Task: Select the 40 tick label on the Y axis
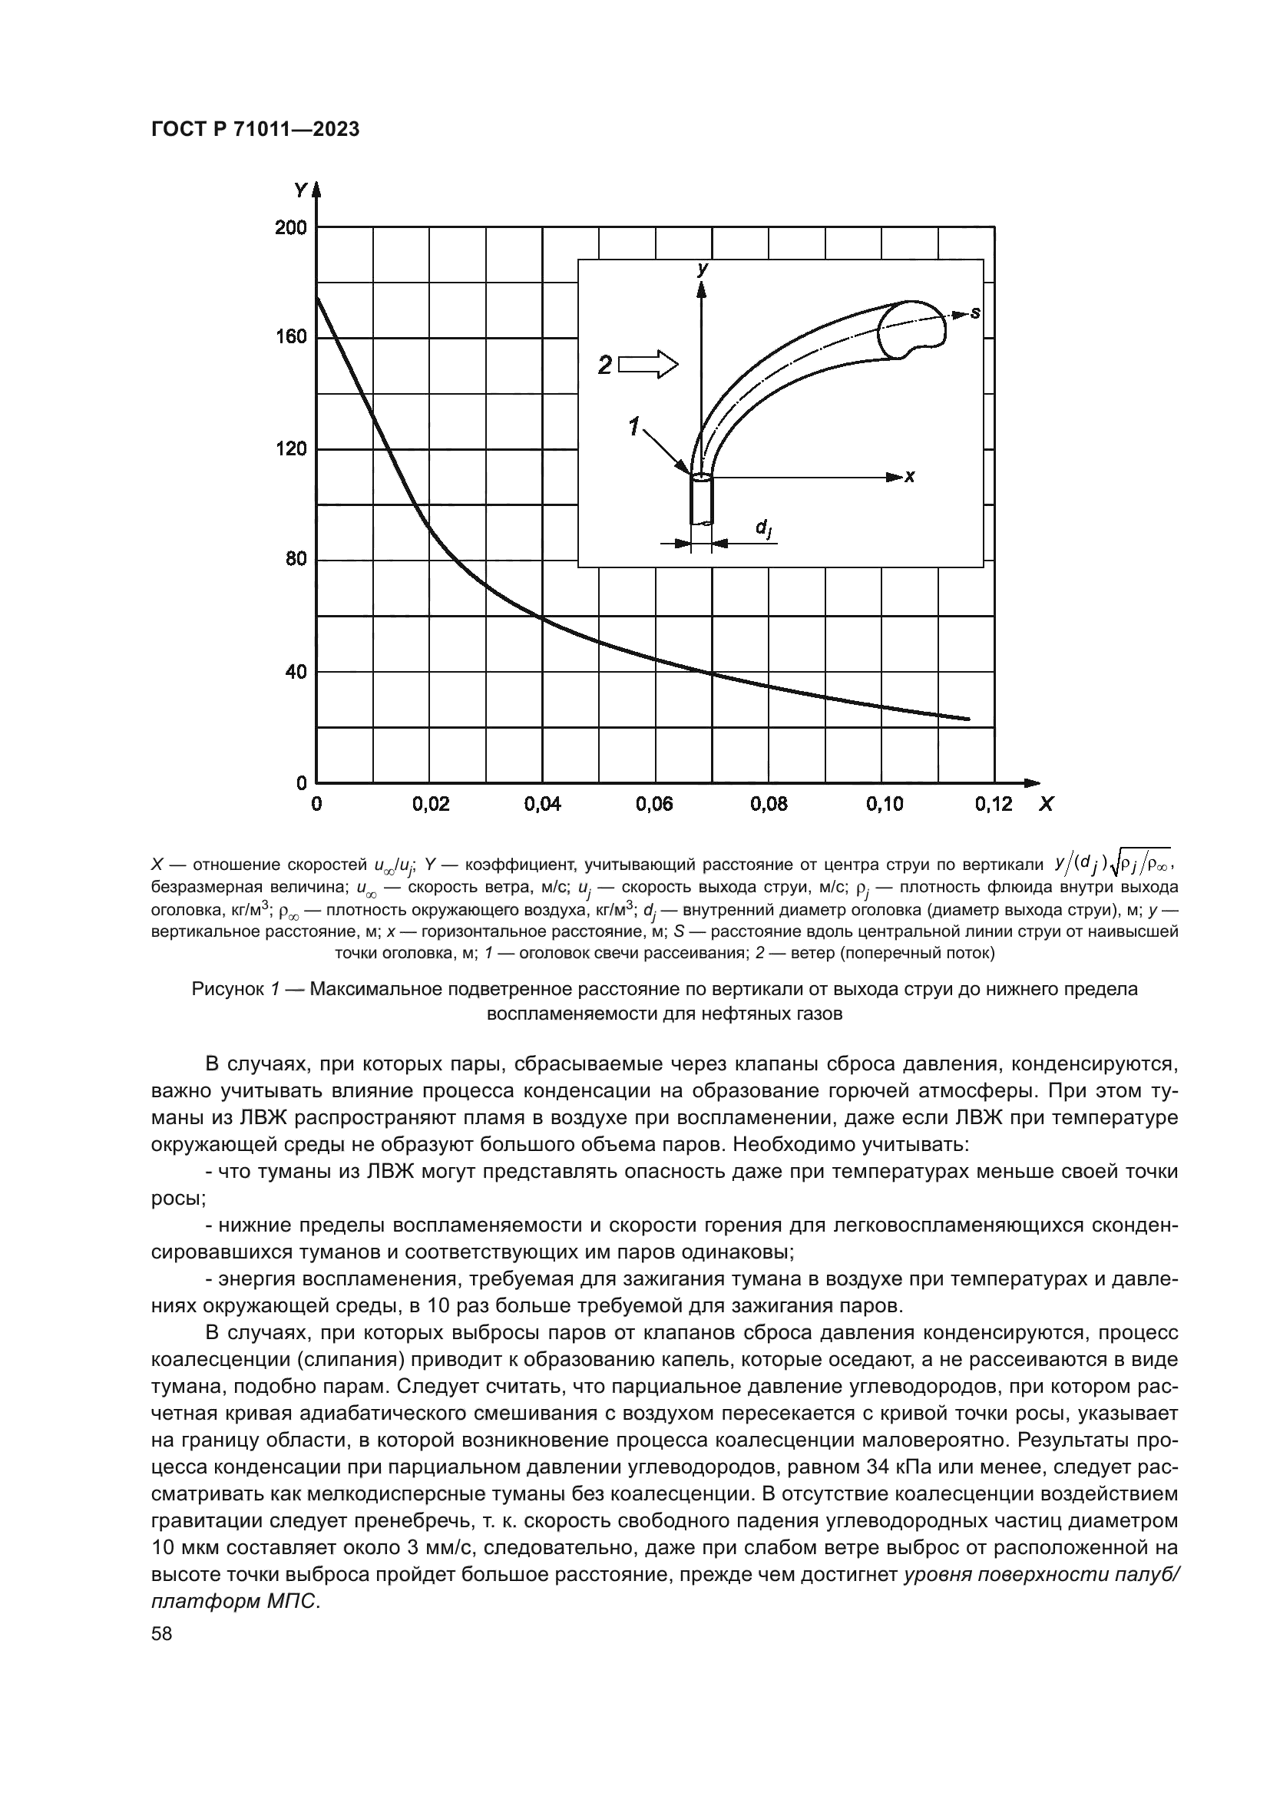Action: coord(295,671)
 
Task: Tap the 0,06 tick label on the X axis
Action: coord(654,804)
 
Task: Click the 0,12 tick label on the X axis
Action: coord(993,804)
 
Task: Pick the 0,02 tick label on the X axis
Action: coord(431,804)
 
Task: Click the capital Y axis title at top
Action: coord(300,190)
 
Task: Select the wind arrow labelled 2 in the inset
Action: coord(649,365)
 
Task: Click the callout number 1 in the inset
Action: coord(634,427)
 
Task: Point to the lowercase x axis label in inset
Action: coord(909,476)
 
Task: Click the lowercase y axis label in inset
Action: coord(703,269)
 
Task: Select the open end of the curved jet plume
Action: coord(914,330)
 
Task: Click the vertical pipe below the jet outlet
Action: coord(702,501)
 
